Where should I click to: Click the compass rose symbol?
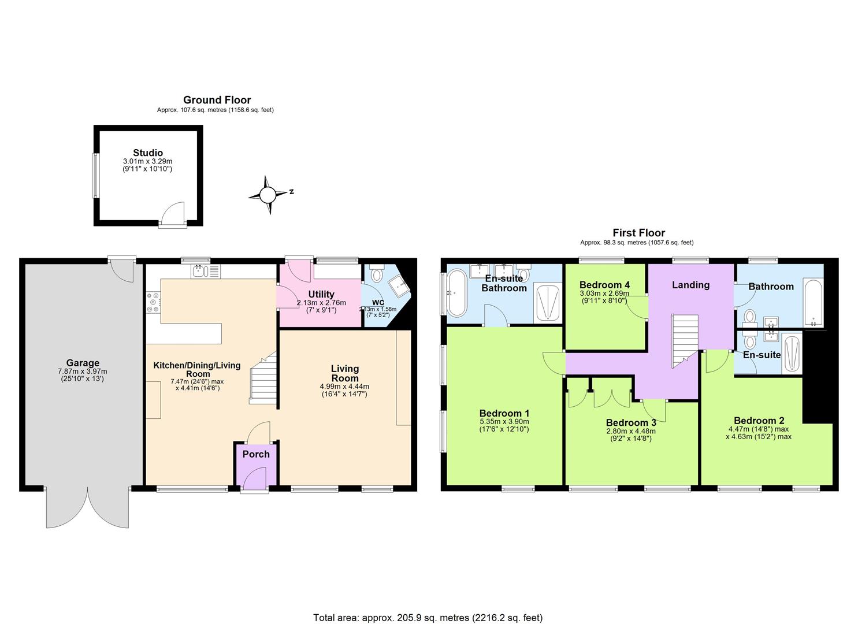[x=268, y=195]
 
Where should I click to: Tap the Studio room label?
[x=147, y=153]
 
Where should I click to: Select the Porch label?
[x=256, y=454]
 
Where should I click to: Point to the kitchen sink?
[x=199, y=271]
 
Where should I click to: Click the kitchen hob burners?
[x=154, y=302]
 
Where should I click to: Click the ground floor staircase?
[x=263, y=378]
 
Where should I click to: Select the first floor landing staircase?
[x=684, y=341]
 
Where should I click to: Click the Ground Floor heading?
[x=217, y=100]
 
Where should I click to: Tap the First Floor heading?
[x=638, y=233]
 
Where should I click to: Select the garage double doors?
[x=88, y=508]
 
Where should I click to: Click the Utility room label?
[x=321, y=294]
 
